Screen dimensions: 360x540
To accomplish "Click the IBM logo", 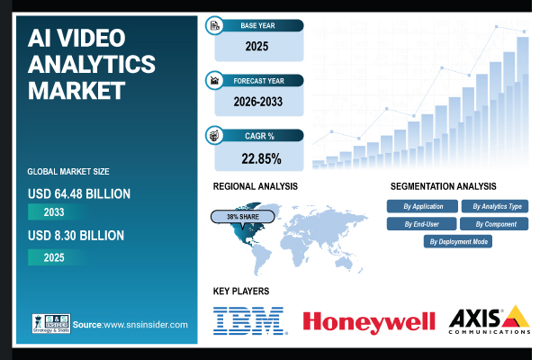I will [248, 320].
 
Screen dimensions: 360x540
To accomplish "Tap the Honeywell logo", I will [369, 321].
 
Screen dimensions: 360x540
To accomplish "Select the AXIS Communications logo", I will [487, 320].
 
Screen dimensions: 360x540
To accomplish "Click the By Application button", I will [421, 206].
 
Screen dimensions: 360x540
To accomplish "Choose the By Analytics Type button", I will [494, 206].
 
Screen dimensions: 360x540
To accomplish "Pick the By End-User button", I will [421, 223].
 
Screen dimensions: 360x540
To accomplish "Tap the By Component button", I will [494, 223].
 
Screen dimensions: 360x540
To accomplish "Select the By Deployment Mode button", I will [457, 241].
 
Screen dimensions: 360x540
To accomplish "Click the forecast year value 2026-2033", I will [257, 101].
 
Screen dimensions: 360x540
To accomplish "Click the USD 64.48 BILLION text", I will [80, 193].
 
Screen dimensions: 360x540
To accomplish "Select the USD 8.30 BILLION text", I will [76, 236].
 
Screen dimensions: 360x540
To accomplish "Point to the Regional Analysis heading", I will [256, 186].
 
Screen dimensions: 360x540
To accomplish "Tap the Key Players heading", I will [241, 291].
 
